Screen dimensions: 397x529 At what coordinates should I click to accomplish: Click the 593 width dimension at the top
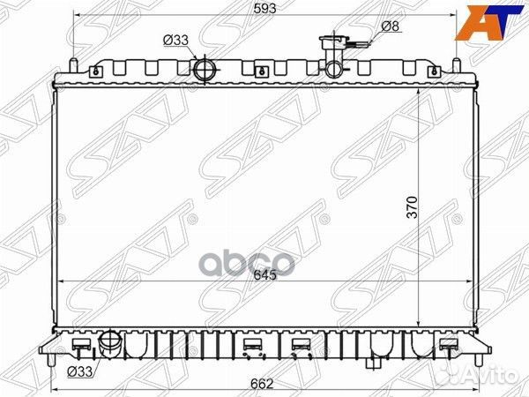[x=263, y=9]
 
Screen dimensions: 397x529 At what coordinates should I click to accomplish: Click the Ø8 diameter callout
[x=391, y=26]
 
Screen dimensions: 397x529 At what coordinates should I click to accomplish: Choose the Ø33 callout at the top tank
[x=175, y=39]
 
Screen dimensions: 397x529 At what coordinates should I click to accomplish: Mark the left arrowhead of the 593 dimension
[x=78, y=17]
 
